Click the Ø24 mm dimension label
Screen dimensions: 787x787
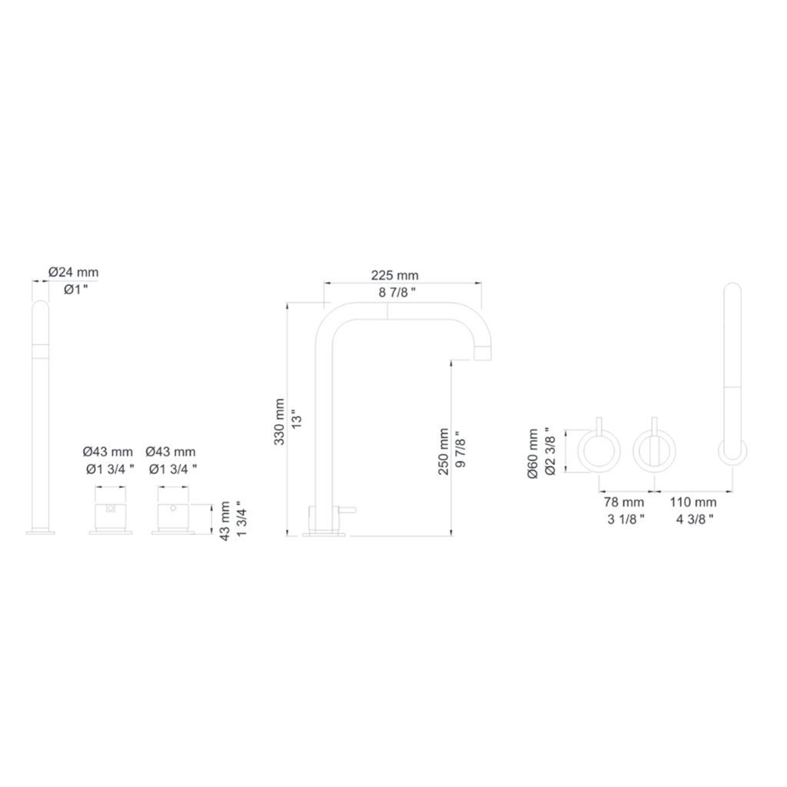coord(73,273)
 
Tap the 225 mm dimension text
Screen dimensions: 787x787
coord(394,275)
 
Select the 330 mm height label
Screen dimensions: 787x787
coord(280,422)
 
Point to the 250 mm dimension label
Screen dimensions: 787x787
coord(443,452)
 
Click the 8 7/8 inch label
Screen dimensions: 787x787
coord(397,292)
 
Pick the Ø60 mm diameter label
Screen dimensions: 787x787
coord(533,453)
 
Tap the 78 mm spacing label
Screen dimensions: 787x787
coord(624,502)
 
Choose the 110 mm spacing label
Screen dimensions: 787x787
coord(693,502)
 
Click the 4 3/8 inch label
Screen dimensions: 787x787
coord(695,519)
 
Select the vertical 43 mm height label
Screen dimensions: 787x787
coord(225,521)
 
